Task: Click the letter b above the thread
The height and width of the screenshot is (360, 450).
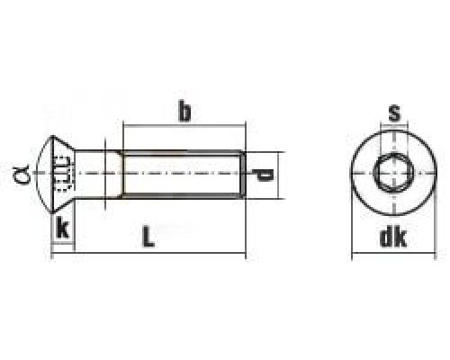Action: click(184, 112)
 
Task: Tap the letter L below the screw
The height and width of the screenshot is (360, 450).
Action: click(149, 238)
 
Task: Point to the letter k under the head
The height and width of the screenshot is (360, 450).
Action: click(61, 227)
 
